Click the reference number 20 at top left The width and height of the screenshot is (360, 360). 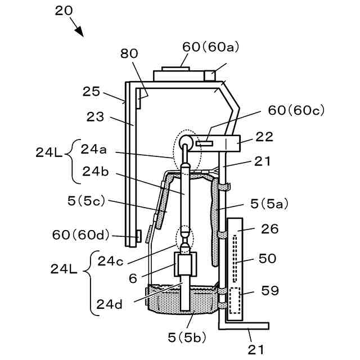(x=64, y=11)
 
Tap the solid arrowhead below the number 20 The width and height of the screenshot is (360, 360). (x=79, y=31)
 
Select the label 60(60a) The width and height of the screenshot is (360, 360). (x=210, y=47)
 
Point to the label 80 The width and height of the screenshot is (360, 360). (x=129, y=53)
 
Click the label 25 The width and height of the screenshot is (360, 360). (x=91, y=91)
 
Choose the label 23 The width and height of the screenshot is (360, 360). (x=95, y=116)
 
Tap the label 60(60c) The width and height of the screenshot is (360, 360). (x=296, y=110)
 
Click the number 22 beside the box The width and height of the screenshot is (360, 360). (x=264, y=137)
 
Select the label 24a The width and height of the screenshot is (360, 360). (x=93, y=150)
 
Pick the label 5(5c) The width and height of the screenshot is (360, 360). (x=86, y=201)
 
